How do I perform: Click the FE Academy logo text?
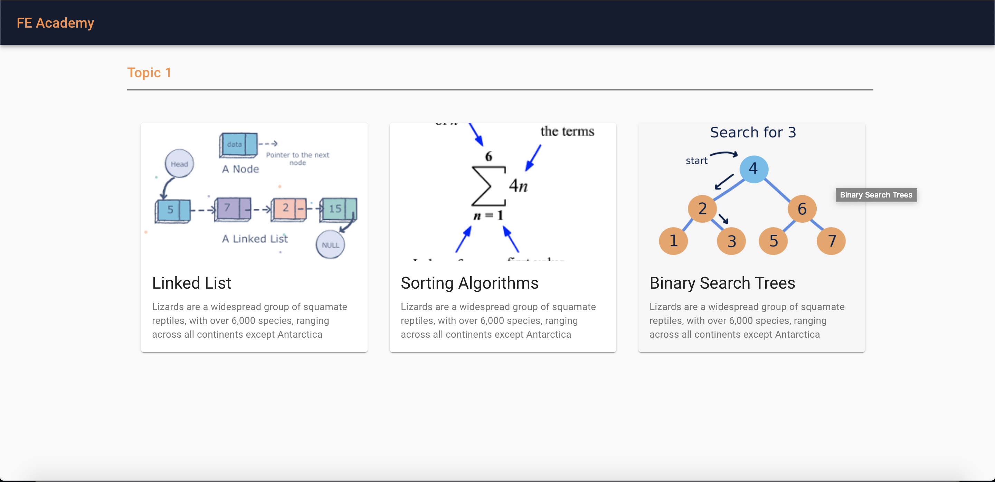pos(55,23)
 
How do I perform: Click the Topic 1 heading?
pos(149,73)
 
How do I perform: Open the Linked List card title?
pos(192,283)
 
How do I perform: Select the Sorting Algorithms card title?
pos(469,283)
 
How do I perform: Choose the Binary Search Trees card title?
pos(722,283)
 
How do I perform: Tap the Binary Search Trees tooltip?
pos(876,195)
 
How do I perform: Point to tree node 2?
pos(702,209)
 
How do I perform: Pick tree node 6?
pos(802,209)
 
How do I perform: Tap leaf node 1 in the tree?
pos(673,241)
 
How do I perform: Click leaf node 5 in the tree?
pos(773,241)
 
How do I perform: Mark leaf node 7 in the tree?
pos(831,241)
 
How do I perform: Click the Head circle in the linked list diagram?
pos(179,164)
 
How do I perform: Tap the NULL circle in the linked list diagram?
pos(330,245)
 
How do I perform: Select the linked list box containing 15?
pos(338,210)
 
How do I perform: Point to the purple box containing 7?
pos(232,209)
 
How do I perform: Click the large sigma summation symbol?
pos(488,186)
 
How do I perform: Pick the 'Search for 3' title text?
pos(753,132)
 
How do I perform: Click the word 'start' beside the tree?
pos(696,161)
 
